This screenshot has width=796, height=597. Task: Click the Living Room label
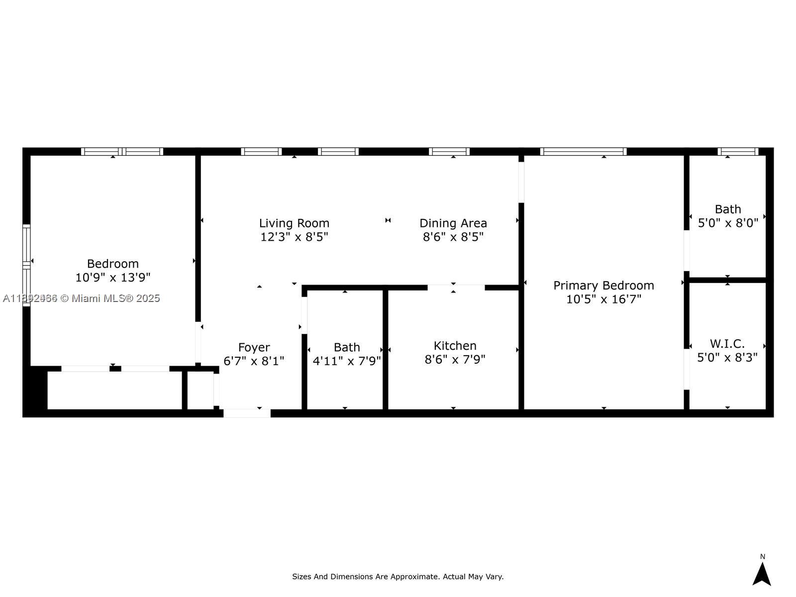tap(294, 223)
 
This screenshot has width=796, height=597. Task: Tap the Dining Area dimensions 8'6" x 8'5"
tap(453, 237)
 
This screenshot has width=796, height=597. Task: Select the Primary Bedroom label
tap(603, 286)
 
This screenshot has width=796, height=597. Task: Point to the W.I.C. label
tap(727, 344)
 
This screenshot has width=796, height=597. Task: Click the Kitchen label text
tap(455, 346)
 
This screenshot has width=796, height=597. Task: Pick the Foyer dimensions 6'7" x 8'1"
tap(254, 361)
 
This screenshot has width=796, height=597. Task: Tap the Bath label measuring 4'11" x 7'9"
tap(347, 347)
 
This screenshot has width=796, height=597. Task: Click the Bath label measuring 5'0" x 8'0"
tap(727, 209)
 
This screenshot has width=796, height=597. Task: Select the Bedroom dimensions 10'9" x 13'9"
tap(113, 278)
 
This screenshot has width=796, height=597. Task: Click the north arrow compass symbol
tap(761, 574)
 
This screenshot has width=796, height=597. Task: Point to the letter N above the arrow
tap(762, 557)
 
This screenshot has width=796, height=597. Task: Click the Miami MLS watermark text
tap(82, 298)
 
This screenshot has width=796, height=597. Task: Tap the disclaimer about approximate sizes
tap(398, 577)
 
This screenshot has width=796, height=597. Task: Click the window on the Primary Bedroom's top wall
tap(583, 152)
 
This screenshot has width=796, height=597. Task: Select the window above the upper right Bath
tap(738, 152)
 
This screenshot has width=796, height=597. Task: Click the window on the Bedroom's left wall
tap(26, 265)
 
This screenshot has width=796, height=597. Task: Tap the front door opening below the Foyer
tap(247, 413)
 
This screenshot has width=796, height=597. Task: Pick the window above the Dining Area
tap(449, 152)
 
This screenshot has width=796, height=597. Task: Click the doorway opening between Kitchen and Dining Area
tap(456, 288)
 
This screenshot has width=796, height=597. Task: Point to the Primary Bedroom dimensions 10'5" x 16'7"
tap(603, 299)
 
